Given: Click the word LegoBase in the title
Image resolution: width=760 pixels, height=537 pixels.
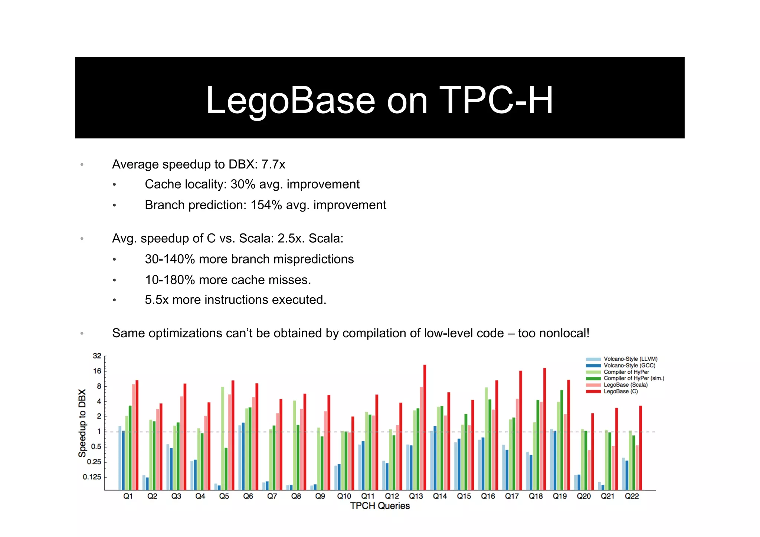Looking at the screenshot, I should pos(291,100).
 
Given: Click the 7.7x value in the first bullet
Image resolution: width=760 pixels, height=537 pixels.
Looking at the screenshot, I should pos(273,164).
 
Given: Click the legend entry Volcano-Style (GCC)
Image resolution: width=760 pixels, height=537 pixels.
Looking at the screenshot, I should pos(629,366).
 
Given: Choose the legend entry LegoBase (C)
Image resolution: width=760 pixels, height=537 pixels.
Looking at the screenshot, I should pos(620,392).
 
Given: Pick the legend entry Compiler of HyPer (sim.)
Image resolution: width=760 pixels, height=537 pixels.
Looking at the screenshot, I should pos(634,379).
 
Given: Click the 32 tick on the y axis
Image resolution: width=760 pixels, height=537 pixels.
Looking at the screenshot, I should pos(97,356).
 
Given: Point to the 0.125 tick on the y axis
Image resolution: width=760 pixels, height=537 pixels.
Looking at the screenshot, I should pos(92,477).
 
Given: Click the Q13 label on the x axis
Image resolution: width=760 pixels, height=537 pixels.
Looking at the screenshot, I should pos(416,496).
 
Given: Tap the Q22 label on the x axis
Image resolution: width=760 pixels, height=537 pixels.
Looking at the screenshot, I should pos(632,496).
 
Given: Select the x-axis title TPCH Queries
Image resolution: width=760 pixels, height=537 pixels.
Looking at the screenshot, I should pos(380,506).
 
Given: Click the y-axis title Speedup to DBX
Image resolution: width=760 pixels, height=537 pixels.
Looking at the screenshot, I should pos(82,423).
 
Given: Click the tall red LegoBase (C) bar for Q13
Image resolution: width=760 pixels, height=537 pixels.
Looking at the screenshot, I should pos(425,427).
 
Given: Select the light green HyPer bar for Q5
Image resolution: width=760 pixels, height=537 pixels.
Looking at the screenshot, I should pos(223,438).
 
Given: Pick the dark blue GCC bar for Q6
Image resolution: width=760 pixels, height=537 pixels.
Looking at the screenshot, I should pos(243,456).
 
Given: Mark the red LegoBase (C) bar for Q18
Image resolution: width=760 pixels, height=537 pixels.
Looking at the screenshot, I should pos(544,429).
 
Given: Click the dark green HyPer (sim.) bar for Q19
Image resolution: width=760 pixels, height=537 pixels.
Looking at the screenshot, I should pos(562,440).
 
